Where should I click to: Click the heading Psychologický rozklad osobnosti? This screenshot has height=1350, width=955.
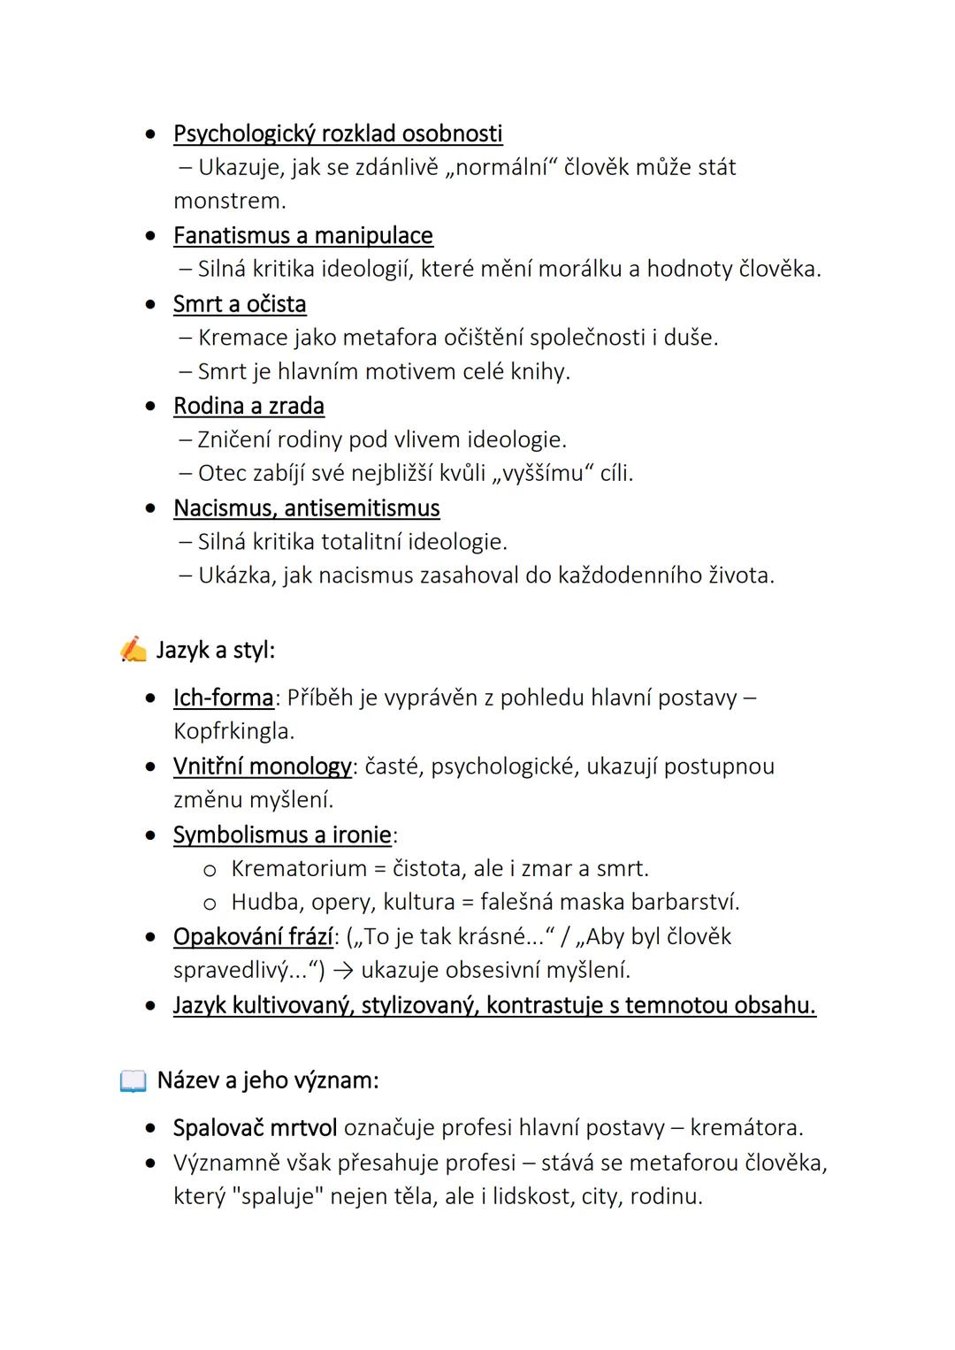[338, 133]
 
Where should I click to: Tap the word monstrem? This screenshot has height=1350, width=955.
[229, 202]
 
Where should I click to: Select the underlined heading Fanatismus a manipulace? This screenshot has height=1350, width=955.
[303, 236]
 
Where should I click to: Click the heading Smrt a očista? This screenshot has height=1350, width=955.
[240, 304]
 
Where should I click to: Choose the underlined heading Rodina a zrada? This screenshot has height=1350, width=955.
[248, 407]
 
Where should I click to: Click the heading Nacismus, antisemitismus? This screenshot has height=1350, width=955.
[306, 508]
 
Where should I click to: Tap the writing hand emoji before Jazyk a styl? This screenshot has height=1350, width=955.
[134, 650]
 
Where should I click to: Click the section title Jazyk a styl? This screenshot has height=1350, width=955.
[215, 651]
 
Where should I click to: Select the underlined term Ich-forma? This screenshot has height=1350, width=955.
[223, 698]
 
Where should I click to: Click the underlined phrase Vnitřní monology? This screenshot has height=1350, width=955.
[262, 767]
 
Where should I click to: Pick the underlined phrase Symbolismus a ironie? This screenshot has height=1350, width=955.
[282, 835]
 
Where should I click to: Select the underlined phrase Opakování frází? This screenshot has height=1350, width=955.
[253, 937]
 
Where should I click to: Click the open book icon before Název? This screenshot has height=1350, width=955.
[133, 1080]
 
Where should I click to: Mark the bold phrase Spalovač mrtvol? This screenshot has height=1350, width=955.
[255, 1128]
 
